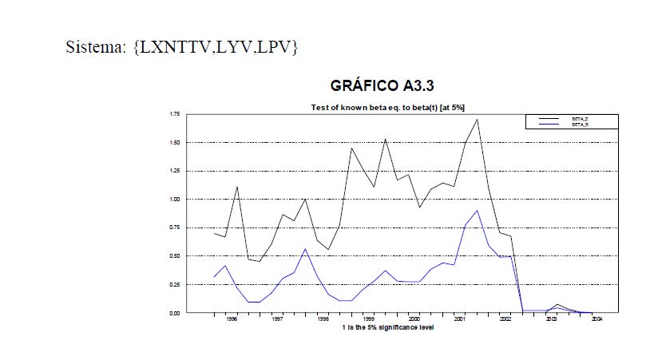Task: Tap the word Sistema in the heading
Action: (x=94, y=48)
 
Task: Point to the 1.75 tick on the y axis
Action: (x=175, y=115)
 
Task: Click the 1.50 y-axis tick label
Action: (x=175, y=143)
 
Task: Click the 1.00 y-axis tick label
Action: (x=175, y=200)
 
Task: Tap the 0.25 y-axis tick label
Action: (x=175, y=285)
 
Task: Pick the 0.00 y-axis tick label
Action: (x=175, y=313)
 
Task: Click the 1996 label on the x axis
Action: (x=231, y=318)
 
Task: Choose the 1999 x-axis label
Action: (x=368, y=318)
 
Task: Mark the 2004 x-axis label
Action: (x=596, y=318)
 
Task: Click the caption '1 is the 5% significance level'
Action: (x=388, y=326)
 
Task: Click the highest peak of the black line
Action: (x=477, y=120)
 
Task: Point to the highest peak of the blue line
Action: (x=477, y=211)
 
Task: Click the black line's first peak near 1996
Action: (x=237, y=187)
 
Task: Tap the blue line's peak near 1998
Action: (x=305, y=249)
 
